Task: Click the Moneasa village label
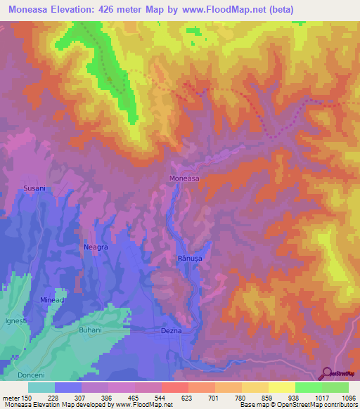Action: click(x=184, y=178)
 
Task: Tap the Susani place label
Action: click(x=34, y=188)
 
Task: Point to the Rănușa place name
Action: click(x=189, y=259)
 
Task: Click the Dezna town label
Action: click(x=172, y=330)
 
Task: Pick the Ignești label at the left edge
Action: click(x=15, y=321)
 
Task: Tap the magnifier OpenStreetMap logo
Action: click(x=328, y=373)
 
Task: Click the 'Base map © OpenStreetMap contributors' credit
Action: click(x=297, y=405)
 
